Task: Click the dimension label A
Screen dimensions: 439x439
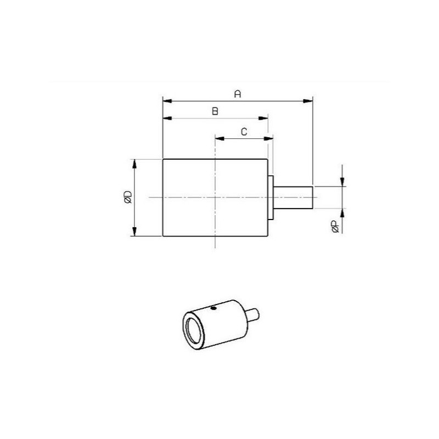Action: coord(238,94)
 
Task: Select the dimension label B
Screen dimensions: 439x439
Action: coord(215,111)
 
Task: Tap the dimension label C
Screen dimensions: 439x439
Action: coord(244,132)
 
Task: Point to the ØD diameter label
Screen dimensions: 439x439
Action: coord(128,197)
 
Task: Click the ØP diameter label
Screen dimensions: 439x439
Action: coord(335,227)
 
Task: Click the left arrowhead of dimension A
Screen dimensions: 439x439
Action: coord(167,101)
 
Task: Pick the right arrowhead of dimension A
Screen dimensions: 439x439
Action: coord(308,101)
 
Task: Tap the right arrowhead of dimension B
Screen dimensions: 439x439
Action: coord(263,119)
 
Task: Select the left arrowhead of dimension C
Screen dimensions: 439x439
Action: coord(220,138)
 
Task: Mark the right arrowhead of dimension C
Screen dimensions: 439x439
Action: coord(268,138)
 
